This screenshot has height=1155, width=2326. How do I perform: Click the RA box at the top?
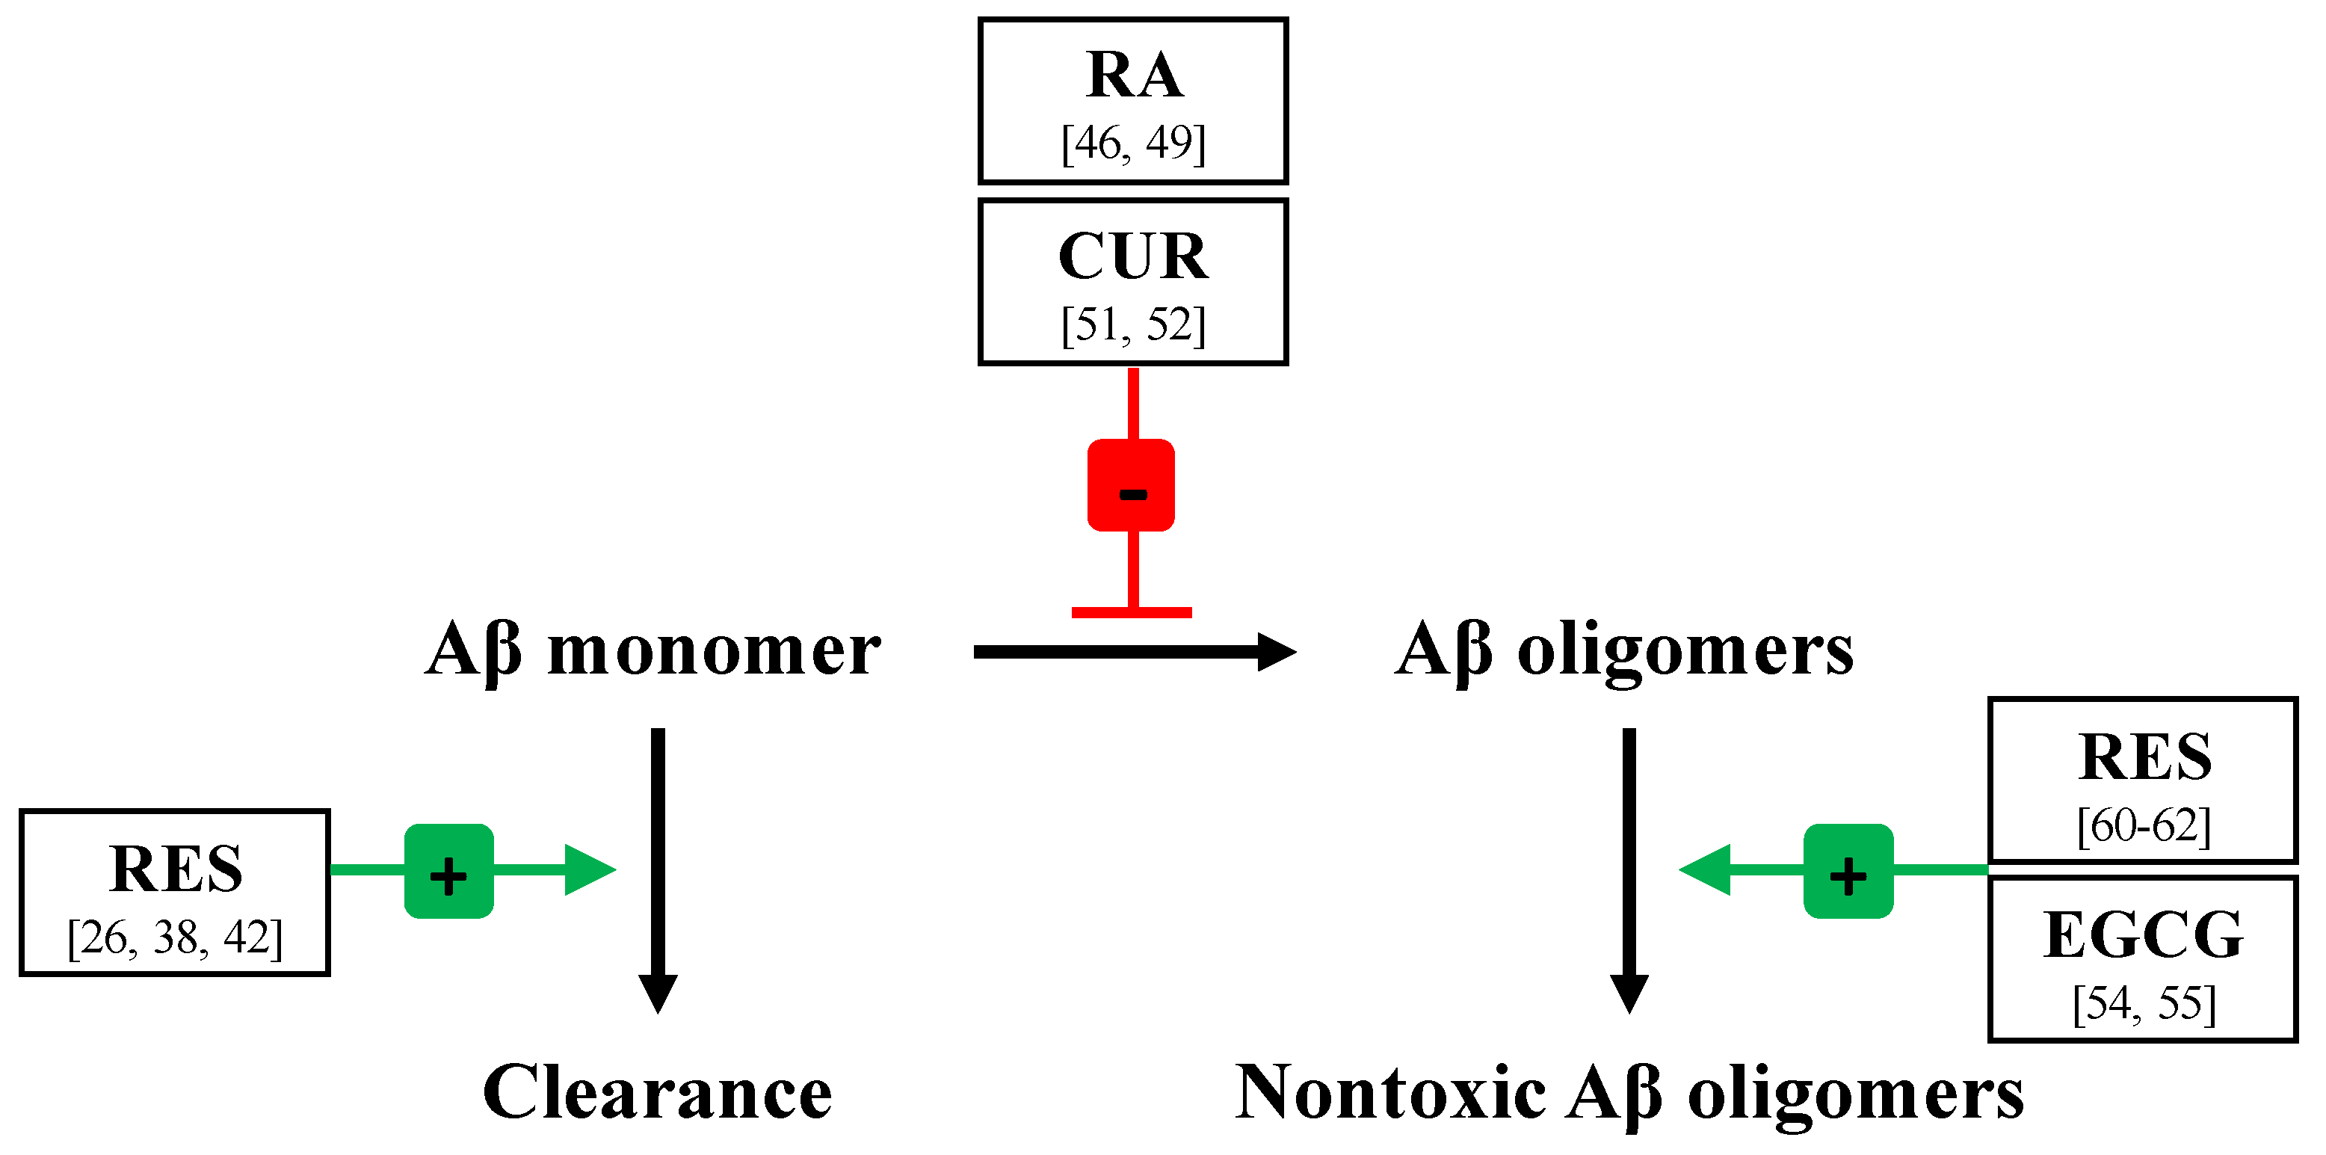coord(1132,101)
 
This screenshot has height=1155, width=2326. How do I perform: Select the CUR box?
coord(1132,282)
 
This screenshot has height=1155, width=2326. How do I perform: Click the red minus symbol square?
coord(1131,485)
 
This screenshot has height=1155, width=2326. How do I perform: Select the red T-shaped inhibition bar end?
coord(1131,612)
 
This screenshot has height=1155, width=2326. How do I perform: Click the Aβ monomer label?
coord(652,650)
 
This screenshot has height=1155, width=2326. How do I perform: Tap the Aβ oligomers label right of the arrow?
coord(1623,650)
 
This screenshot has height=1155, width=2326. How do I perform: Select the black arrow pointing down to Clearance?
coord(658,867)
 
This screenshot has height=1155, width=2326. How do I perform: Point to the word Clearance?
coord(657,1093)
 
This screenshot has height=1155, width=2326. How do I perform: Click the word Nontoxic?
coord(1389,1093)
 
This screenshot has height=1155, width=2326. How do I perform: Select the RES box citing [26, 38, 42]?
coord(174,892)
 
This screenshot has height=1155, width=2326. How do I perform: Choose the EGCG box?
coord(2142,959)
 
